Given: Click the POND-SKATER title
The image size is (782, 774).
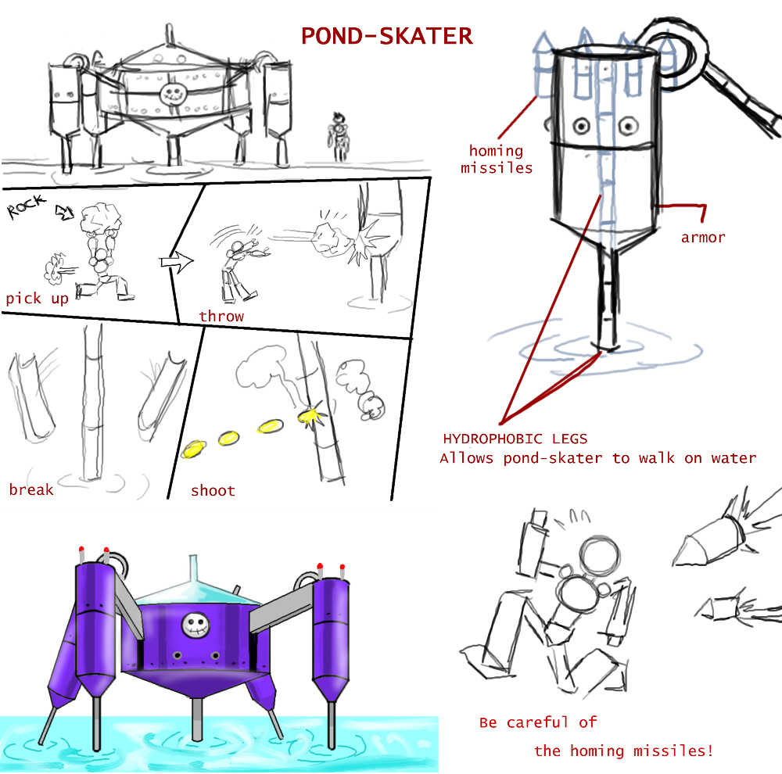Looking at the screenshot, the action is (x=386, y=36).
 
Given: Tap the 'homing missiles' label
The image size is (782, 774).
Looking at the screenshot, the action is (x=497, y=159).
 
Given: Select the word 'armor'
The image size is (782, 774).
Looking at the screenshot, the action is (x=703, y=238).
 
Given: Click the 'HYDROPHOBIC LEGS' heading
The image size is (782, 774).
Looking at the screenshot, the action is (x=515, y=439).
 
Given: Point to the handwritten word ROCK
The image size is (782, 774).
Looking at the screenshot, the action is (x=27, y=206).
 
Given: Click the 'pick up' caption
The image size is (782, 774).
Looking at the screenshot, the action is (x=37, y=299).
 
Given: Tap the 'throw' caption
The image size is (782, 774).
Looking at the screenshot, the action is (x=221, y=316).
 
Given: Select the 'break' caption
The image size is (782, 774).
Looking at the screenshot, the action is (x=31, y=489).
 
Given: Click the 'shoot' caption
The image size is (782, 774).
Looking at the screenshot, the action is (x=213, y=491).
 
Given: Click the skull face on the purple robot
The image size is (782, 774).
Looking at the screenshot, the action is (x=195, y=625).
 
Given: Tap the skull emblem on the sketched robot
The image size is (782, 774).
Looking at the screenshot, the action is (x=173, y=93).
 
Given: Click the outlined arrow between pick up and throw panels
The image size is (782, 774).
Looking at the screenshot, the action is (x=177, y=261).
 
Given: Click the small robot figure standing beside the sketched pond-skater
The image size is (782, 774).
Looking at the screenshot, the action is (x=339, y=137).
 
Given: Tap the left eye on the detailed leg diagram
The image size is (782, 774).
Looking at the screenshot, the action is (x=581, y=126).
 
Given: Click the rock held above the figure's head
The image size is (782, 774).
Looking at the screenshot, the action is (x=101, y=217).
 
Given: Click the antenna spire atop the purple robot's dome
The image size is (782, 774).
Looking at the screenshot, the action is (x=193, y=568).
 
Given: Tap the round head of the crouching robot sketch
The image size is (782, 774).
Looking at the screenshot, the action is (x=600, y=557).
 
